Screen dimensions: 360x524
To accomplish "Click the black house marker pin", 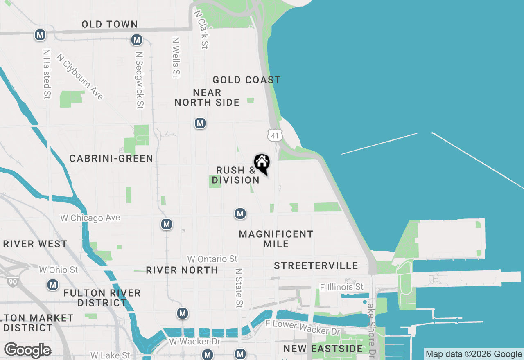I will click(x=262, y=163).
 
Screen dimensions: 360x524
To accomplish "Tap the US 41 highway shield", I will click(x=275, y=135).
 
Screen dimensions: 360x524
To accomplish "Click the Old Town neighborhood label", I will click(x=109, y=24).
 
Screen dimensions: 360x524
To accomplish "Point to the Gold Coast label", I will click(x=246, y=80).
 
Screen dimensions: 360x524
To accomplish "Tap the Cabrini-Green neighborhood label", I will click(x=111, y=158).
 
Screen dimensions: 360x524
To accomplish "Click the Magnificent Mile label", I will click(x=276, y=239).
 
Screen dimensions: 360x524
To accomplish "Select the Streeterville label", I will click(x=316, y=265).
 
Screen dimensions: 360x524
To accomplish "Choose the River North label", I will click(x=182, y=270).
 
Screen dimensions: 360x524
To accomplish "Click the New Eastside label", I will click(x=323, y=349).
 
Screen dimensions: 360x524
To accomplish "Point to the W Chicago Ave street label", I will click(x=90, y=218).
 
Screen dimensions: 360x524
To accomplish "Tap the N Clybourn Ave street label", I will click(x=80, y=77).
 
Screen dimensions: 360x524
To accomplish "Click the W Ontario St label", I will click(x=212, y=259).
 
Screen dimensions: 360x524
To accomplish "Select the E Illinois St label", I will click(x=341, y=287).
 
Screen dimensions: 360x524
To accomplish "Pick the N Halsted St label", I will click(x=47, y=74).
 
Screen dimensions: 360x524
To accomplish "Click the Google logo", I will click(x=27, y=350).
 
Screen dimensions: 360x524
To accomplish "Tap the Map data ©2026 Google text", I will click(x=474, y=354).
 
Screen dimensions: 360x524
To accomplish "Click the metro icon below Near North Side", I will click(x=200, y=123).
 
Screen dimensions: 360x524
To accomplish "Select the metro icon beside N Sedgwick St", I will click(x=137, y=40).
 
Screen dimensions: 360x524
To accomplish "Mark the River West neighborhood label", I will click(x=35, y=244).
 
